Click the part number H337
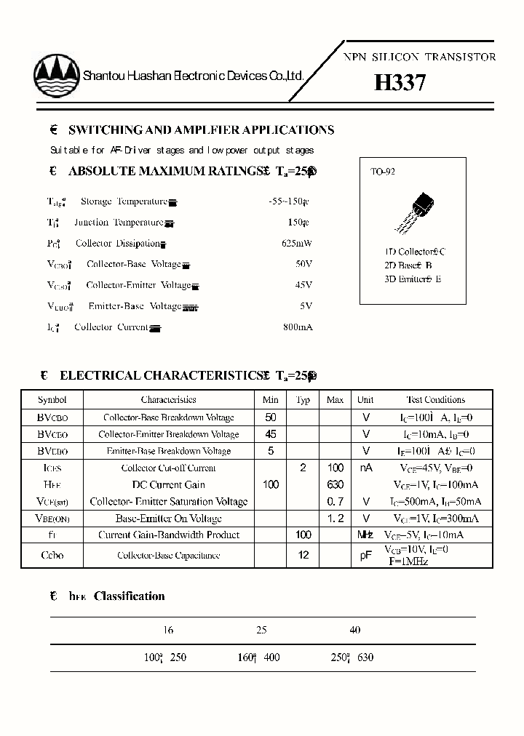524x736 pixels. pos(400,83)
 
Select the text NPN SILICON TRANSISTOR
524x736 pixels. pos(419,57)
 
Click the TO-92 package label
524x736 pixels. pos(383,172)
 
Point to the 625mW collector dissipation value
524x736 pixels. pos(296,244)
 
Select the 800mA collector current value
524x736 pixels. pos(297,327)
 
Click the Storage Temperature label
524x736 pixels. pos(124,201)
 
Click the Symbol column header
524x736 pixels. pos(52,400)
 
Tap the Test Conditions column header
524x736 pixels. pos(435,400)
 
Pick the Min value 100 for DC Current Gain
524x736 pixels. pos(271,485)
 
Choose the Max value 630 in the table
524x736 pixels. pos(335,485)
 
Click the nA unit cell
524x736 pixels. pos(365,468)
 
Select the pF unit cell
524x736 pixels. pos(365,555)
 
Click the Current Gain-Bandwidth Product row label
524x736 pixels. pos(169,535)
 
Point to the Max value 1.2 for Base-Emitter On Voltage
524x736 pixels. pos(335,519)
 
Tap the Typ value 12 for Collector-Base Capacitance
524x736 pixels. pos(303,555)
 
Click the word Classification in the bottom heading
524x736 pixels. pos(130,596)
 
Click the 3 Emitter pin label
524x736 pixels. pos(413,279)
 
